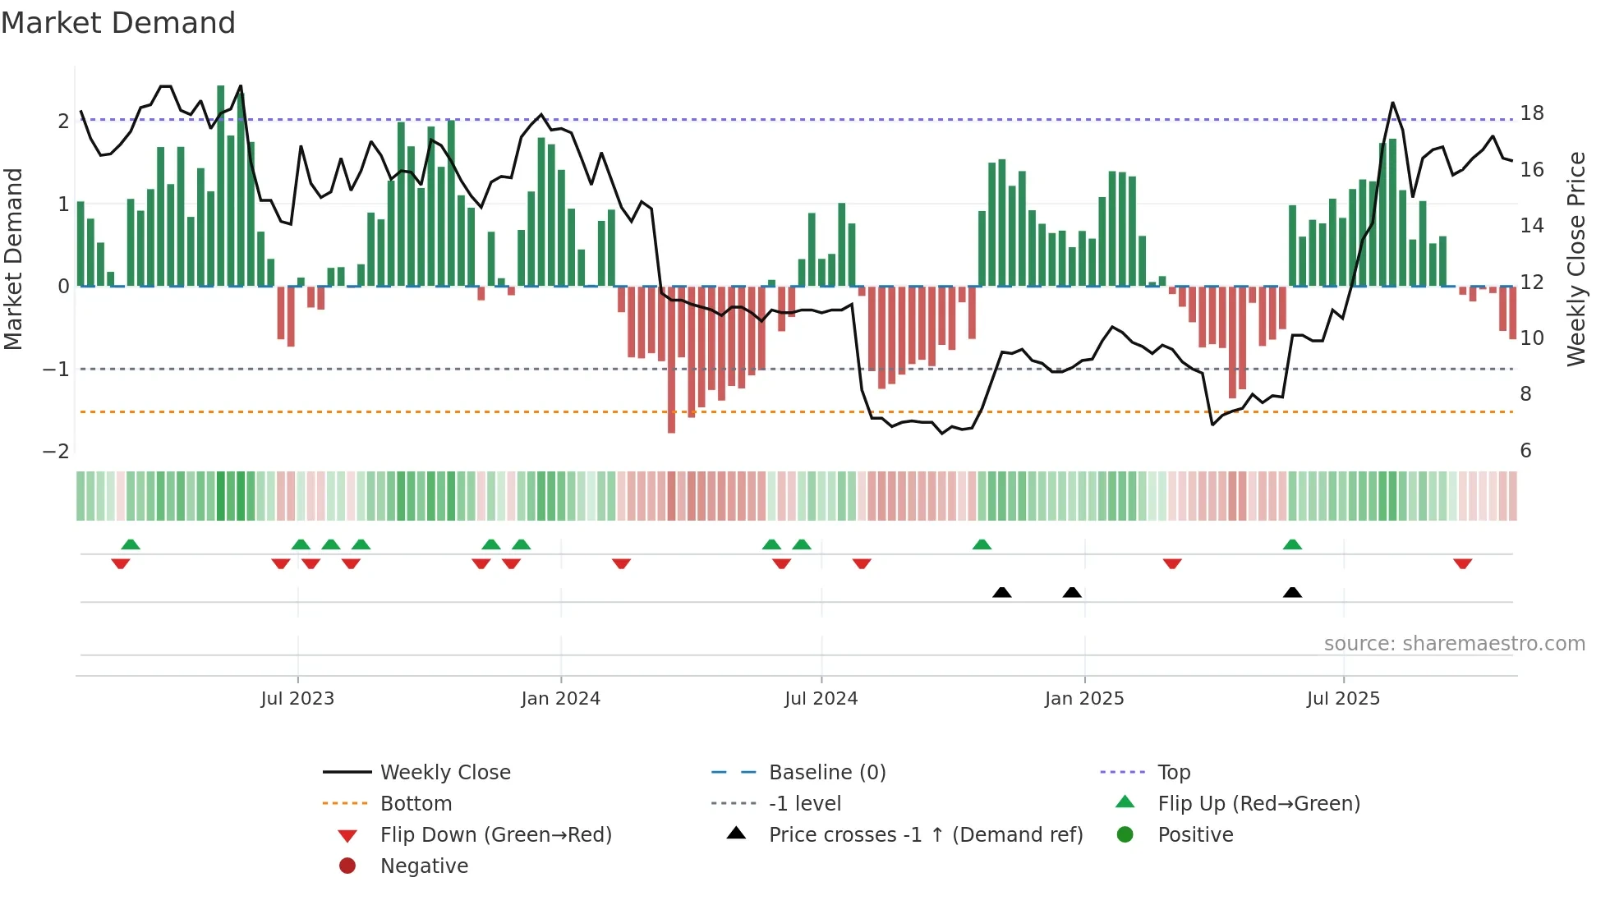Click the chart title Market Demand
[118, 23]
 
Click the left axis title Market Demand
[14, 259]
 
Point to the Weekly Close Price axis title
[1575, 259]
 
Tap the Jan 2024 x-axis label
[560, 699]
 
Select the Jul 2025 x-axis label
[1343, 699]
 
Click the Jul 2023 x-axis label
[297, 699]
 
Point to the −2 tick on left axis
[56, 452]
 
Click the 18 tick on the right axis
[1531, 113]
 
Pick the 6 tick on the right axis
[1525, 451]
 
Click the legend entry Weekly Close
[444, 773]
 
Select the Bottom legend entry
[416, 804]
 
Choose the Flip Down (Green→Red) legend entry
[495, 835]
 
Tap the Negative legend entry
[424, 866]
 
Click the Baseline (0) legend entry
[826, 773]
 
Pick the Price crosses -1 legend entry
[925, 835]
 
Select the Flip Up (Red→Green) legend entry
[1258, 804]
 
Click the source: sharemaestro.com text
[1454, 644]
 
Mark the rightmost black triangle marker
[1292, 593]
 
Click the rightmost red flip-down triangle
[1462, 563]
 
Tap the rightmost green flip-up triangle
[1292, 544]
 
